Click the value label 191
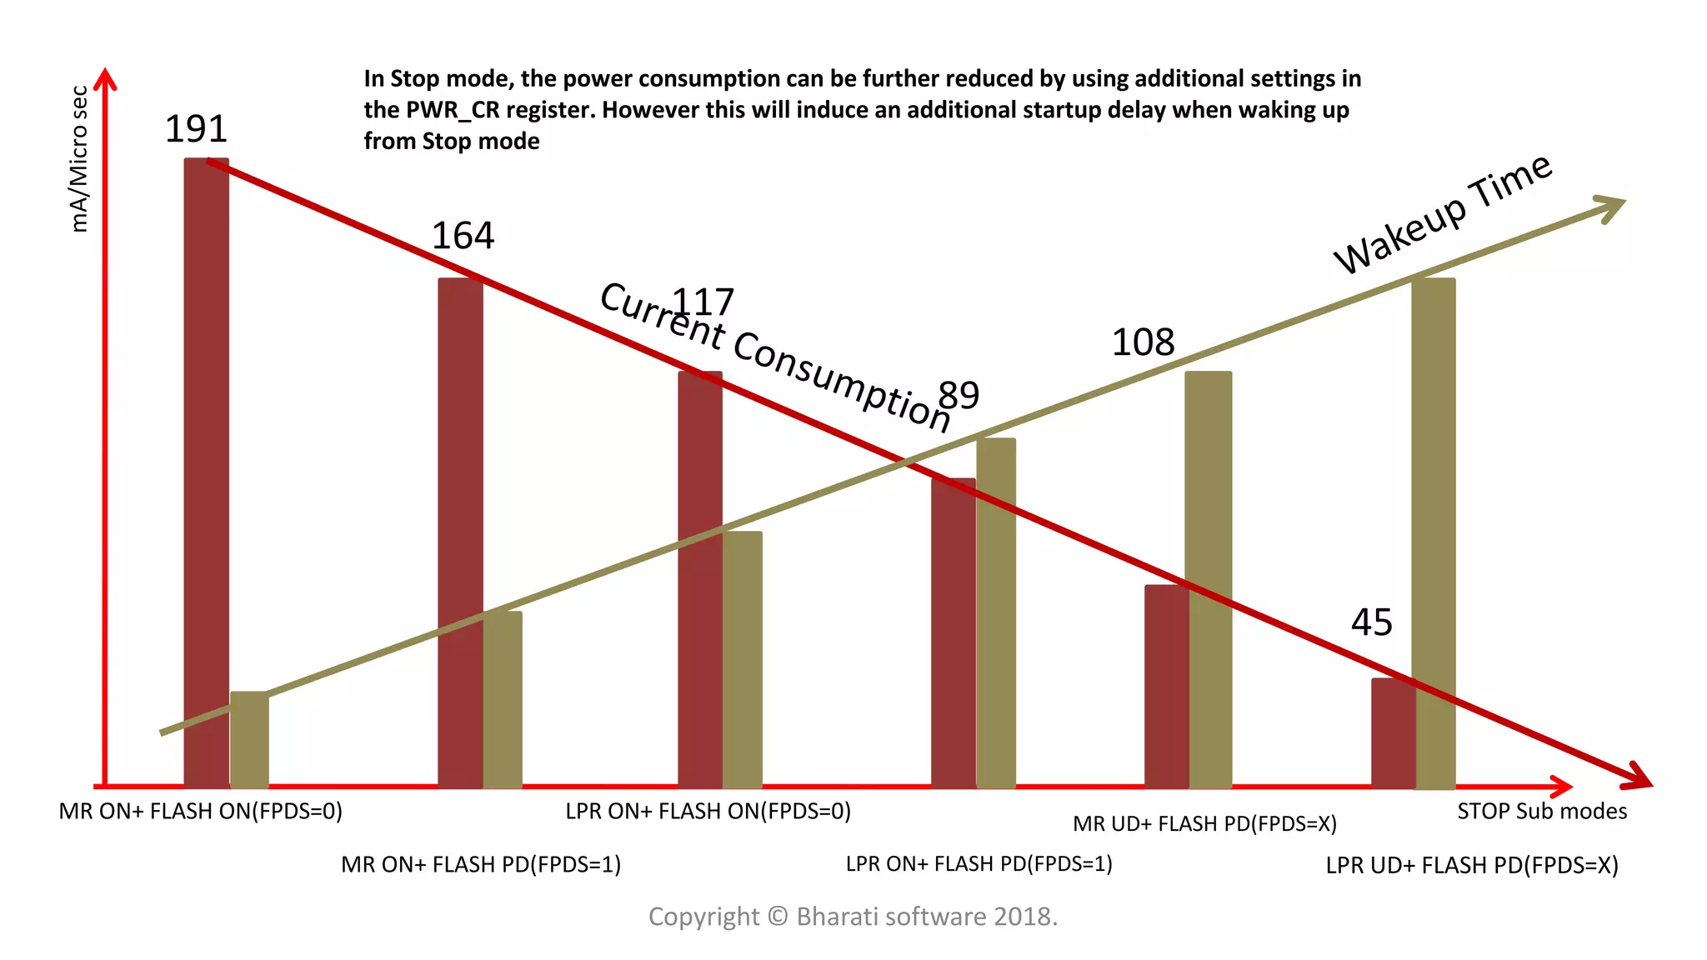pyautogui.click(x=196, y=129)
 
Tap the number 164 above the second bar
pyautogui.click(x=463, y=236)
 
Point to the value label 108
pyautogui.click(x=1143, y=342)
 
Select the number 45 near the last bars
pyautogui.click(x=1371, y=622)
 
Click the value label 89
pyautogui.click(x=959, y=395)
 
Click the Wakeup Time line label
pyautogui.click(x=1442, y=214)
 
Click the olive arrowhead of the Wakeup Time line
pyautogui.click(x=1612, y=206)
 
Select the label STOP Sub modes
pyautogui.click(x=1541, y=812)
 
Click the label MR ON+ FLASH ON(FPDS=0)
pyautogui.click(x=200, y=812)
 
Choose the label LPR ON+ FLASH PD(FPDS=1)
pyautogui.click(x=979, y=864)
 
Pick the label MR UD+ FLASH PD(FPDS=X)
pyautogui.click(x=1204, y=824)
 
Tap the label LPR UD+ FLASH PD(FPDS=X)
pyautogui.click(x=1471, y=866)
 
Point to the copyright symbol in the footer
pyautogui.click(x=777, y=917)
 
